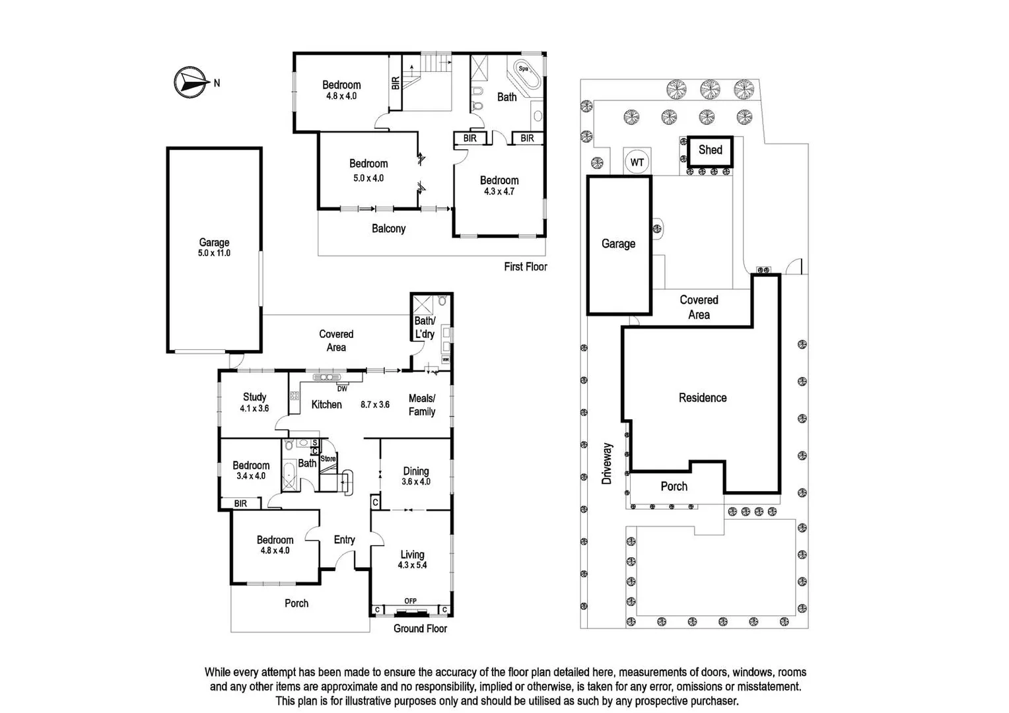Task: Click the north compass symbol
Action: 188,83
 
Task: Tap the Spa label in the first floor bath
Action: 523,69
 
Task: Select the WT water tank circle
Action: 637,162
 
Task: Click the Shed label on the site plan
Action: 711,150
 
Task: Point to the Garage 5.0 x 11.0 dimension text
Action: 214,253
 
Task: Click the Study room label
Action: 254,397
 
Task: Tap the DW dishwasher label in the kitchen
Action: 342,389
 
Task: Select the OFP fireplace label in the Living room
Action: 410,601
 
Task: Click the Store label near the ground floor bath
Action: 328,458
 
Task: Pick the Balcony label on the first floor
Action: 388,228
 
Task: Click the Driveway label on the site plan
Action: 607,463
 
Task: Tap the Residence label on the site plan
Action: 703,397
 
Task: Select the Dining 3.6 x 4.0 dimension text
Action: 416,482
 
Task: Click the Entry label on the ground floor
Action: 344,539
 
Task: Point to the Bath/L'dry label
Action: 425,327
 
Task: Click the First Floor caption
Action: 526,267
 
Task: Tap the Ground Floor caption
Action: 420,628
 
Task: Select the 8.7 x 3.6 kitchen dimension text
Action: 375,405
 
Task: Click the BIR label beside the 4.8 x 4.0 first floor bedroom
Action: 396,83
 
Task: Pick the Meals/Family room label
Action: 422,405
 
